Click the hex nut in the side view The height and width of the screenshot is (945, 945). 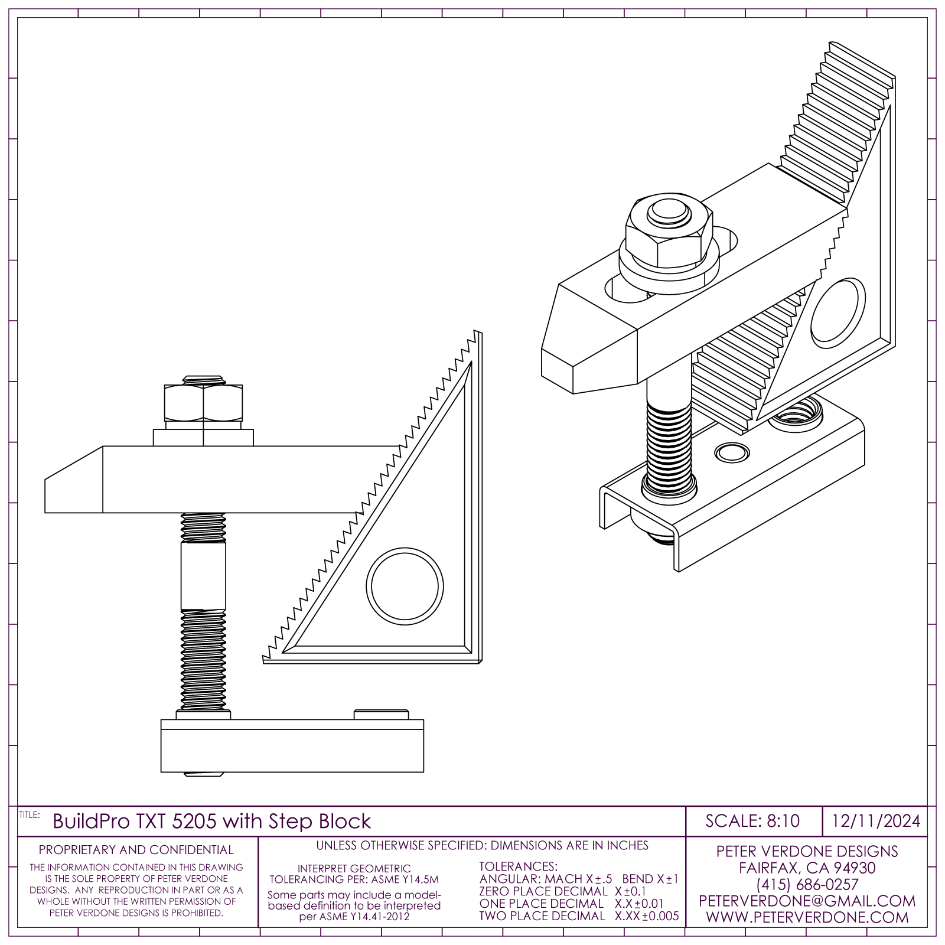pos(203,402)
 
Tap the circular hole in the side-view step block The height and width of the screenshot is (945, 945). pos(405,586)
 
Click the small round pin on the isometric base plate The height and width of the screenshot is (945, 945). pos(730,453)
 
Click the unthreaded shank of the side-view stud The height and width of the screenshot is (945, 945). pos(203,576)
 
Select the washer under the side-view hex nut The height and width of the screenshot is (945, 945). pos(203,438)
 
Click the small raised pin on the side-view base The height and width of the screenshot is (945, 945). pos(382,715)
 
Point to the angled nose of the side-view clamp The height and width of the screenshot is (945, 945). pos(74,480)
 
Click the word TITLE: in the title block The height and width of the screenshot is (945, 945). pos(30,815)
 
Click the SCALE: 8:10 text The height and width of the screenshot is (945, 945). pos(752,821)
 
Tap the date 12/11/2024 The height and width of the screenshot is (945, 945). pos(876,821)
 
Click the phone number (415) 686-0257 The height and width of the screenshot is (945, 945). pos(807,885)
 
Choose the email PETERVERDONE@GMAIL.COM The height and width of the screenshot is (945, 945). pos(807,901)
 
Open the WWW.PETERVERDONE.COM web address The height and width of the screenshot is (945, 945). pos(807,917)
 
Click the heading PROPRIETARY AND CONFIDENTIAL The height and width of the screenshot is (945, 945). pos(136,850)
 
